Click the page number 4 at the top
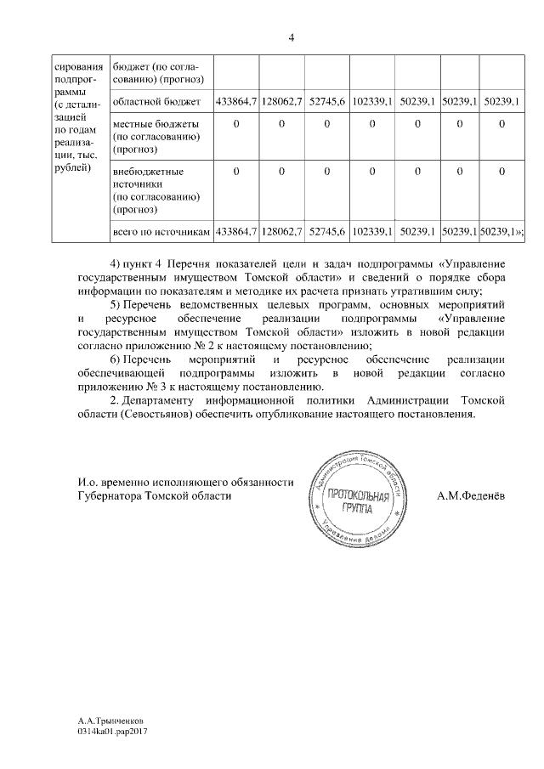291,37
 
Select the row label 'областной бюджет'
157,102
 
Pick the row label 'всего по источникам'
161,231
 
